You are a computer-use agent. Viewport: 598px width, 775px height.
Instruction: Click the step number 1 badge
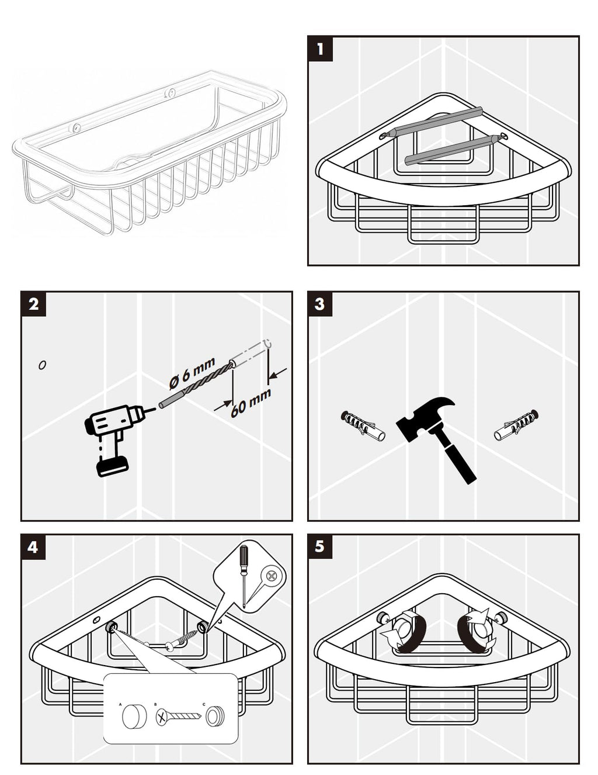[x=320, y=49]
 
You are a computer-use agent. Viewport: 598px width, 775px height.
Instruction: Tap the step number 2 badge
[x=33, y=304]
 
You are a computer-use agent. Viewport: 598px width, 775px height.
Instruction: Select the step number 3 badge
[x=320, y=304]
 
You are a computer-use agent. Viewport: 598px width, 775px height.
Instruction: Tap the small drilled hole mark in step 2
[x=42, y=365]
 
